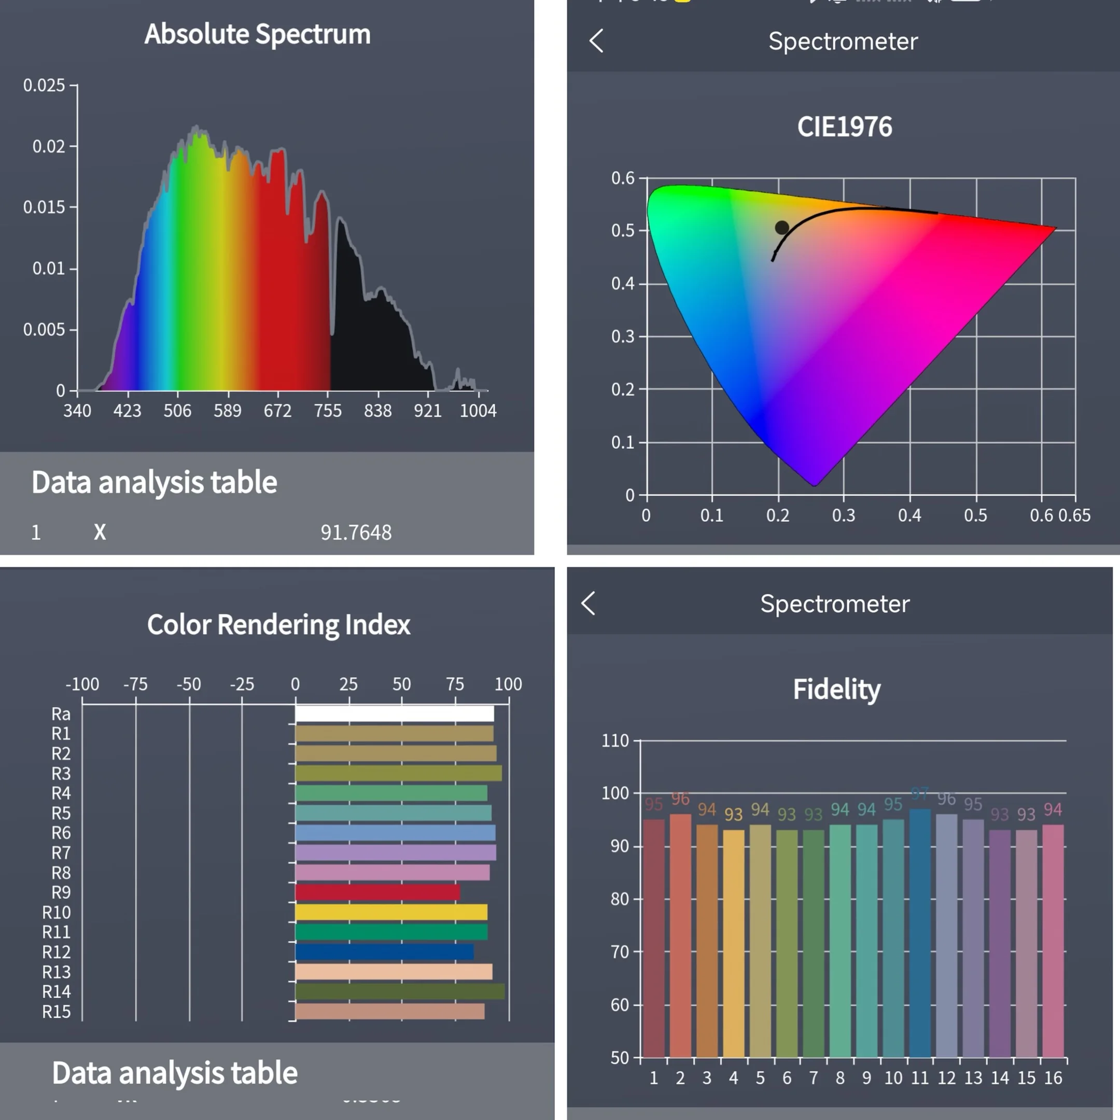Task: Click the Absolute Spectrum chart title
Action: click(257, 34)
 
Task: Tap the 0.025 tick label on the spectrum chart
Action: click(44, 85)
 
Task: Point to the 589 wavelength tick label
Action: click(227, 411)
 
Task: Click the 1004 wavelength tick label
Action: click(478, 411)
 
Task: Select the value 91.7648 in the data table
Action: click(356, 532)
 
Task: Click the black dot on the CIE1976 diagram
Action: click(782, 228)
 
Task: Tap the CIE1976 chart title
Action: click(845, 127)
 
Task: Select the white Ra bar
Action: click(394, 713)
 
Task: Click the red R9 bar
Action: click(377, 892)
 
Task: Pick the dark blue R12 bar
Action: click(384, 952)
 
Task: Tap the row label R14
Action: click(56, 992)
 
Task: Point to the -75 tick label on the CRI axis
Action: click(136, 684)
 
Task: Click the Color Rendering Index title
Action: click(279, 625)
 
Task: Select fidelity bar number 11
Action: click(920, 933)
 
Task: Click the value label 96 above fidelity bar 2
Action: click(680, 799)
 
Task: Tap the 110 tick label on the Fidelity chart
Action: click(615, 741)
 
